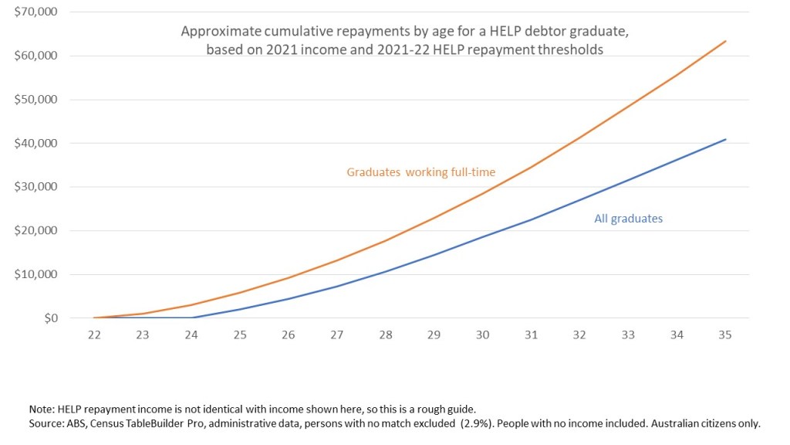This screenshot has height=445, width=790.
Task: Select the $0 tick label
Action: coord(50,318)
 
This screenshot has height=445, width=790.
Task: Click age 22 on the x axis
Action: coord(93,335)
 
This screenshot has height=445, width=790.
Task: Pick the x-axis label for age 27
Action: coord(336,335)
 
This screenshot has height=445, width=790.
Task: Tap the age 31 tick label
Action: coord(531,335)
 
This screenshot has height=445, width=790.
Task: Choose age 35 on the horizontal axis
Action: coord(725,335)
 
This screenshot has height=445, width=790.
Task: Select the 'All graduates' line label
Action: coord(628,219)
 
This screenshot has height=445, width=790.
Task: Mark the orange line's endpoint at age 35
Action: coord(725,41)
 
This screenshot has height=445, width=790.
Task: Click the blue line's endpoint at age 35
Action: coord(725,140)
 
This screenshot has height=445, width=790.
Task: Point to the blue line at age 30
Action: coord(482,236)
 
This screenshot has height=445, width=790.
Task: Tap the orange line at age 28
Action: coord(385,240)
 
